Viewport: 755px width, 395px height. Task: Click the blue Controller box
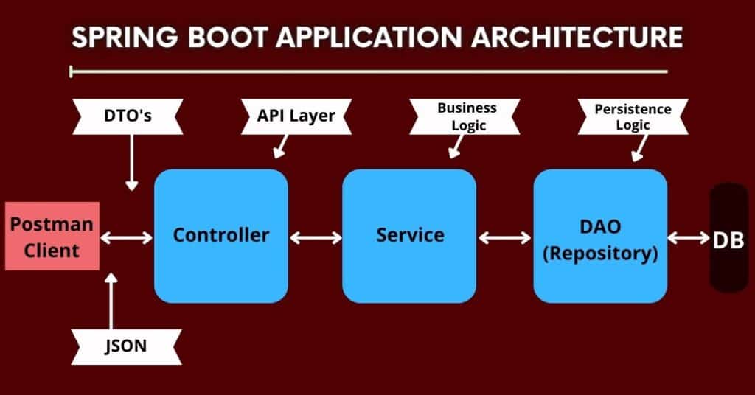click(220, 236)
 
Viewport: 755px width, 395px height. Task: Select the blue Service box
click(409, 236)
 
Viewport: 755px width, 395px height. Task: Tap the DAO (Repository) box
click(600, 236)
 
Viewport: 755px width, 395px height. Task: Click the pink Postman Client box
click(52, 237)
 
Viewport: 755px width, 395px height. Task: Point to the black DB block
click(728, 238)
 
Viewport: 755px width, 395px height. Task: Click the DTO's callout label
click(127, 116)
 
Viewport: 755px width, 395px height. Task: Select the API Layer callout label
click(296, 116)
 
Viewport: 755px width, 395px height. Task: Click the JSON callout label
click(127, 346)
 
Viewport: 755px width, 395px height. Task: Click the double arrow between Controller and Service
click(316, 237)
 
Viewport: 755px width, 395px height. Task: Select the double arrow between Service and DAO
click(505, 237)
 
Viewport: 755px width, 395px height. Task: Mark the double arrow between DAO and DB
click(688, 237)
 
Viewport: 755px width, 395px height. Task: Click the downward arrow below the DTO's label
click(132, 162)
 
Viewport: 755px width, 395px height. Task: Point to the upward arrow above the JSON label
click(111, 302)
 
